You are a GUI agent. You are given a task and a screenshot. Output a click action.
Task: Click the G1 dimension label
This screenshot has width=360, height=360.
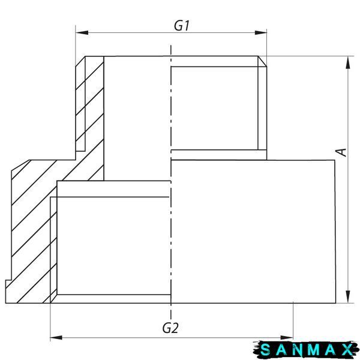click(x=181, y=25)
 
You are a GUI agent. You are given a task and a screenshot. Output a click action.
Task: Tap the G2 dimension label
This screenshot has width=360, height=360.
click(x=170, y=328)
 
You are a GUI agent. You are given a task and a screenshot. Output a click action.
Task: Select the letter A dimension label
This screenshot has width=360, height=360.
click(x=341, y=152)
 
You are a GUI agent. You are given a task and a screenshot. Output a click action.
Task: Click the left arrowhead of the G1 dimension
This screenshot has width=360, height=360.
click(x=82, y=32)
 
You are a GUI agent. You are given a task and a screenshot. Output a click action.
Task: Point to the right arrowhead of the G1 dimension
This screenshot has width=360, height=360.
click(x=260, y=32)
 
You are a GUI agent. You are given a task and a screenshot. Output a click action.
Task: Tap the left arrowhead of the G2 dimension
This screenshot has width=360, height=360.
click(x=56, y=337)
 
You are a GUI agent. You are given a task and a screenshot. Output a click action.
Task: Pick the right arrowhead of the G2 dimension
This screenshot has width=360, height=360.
click(x=287, y=337)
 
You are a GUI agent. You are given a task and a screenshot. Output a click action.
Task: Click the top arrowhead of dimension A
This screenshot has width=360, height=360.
click(x=348, y=62)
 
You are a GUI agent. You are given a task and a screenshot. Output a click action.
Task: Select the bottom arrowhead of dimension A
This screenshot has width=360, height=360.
click(x=348, y=297)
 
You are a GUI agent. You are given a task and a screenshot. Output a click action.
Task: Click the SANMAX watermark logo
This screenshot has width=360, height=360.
click(x=306, y=350)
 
